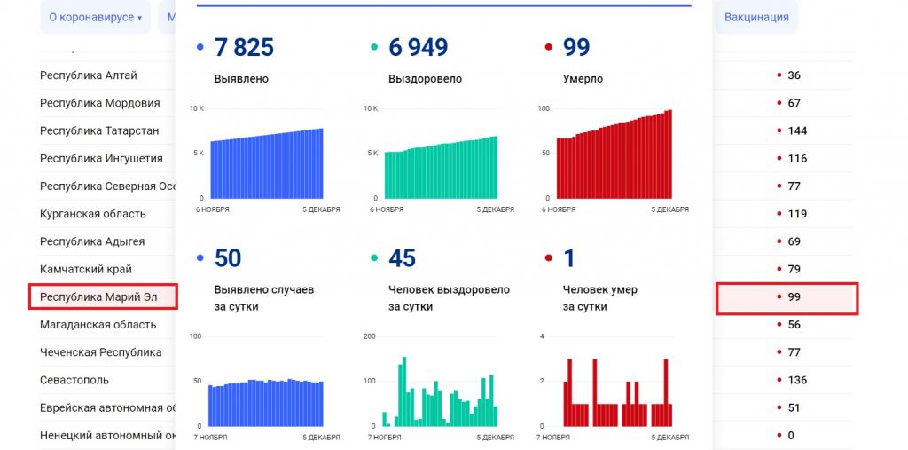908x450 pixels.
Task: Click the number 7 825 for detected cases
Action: [244, 47]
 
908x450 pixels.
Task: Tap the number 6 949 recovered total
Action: [418, 47]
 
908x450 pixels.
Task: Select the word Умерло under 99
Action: [583, 79]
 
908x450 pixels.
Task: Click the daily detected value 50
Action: [228, 258]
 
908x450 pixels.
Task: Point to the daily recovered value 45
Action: [402, 258]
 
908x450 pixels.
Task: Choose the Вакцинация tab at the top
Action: [755, 18]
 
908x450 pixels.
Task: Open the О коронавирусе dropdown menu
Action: [95, 18]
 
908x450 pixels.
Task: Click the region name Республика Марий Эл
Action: [98, 296]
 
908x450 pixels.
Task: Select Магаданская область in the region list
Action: [98, 325]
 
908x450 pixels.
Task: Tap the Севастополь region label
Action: [74, 380]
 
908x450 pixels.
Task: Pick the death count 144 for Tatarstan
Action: [797, 130]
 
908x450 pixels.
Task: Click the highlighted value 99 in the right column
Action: [794, 297]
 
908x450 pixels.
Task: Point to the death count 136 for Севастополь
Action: [797, 380]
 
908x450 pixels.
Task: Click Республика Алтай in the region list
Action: [89, 75]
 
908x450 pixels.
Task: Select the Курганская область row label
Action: [93, 214]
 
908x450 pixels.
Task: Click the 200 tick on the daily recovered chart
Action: [370, 336]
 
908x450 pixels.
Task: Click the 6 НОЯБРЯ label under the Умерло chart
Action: [559, 210]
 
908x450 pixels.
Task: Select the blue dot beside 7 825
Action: [200, 47]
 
